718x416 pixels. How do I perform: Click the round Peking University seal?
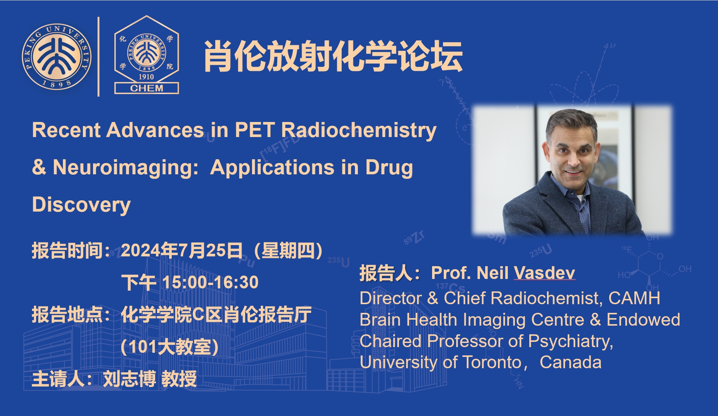57,56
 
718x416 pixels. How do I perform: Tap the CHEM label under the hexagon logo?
147,88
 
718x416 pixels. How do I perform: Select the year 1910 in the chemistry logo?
146,77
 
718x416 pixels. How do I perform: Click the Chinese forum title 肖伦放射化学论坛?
333,56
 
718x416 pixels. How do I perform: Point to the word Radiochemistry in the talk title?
359,130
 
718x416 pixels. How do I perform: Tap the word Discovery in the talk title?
81,205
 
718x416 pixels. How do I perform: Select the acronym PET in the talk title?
255,130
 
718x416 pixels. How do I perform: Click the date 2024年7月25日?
182,251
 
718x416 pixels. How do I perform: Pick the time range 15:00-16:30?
211,282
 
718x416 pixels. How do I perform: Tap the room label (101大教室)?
170,347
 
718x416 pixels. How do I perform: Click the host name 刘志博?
129,379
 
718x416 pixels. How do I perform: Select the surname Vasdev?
544,273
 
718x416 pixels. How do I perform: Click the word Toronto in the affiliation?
492,362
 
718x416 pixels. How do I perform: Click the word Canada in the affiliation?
570,362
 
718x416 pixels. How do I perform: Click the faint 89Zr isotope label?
414,238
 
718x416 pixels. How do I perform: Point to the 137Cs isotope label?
450,287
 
